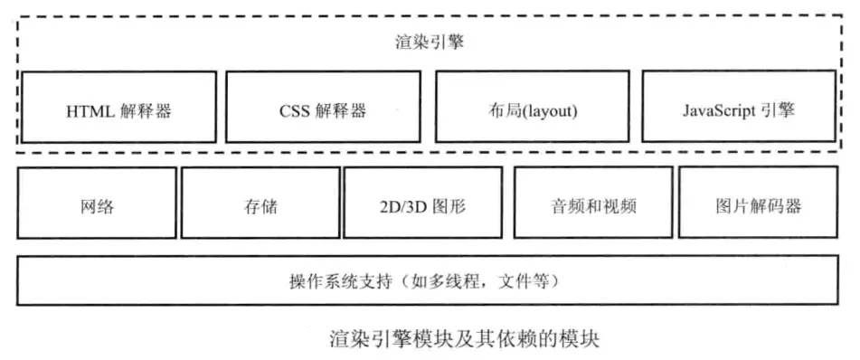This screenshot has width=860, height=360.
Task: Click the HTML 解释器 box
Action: click(118, 107)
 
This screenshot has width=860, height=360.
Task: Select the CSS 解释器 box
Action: click(323, 107)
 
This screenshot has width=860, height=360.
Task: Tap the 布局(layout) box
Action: click(532, 107)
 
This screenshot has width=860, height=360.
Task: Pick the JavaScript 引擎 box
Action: click(739, 107)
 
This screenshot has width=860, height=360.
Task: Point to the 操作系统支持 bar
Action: click(429, 281)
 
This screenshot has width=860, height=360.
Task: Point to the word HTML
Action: click(90, 113)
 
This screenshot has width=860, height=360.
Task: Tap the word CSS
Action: click(295, 113)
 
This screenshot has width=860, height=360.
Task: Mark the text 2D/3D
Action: click(403, 207)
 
